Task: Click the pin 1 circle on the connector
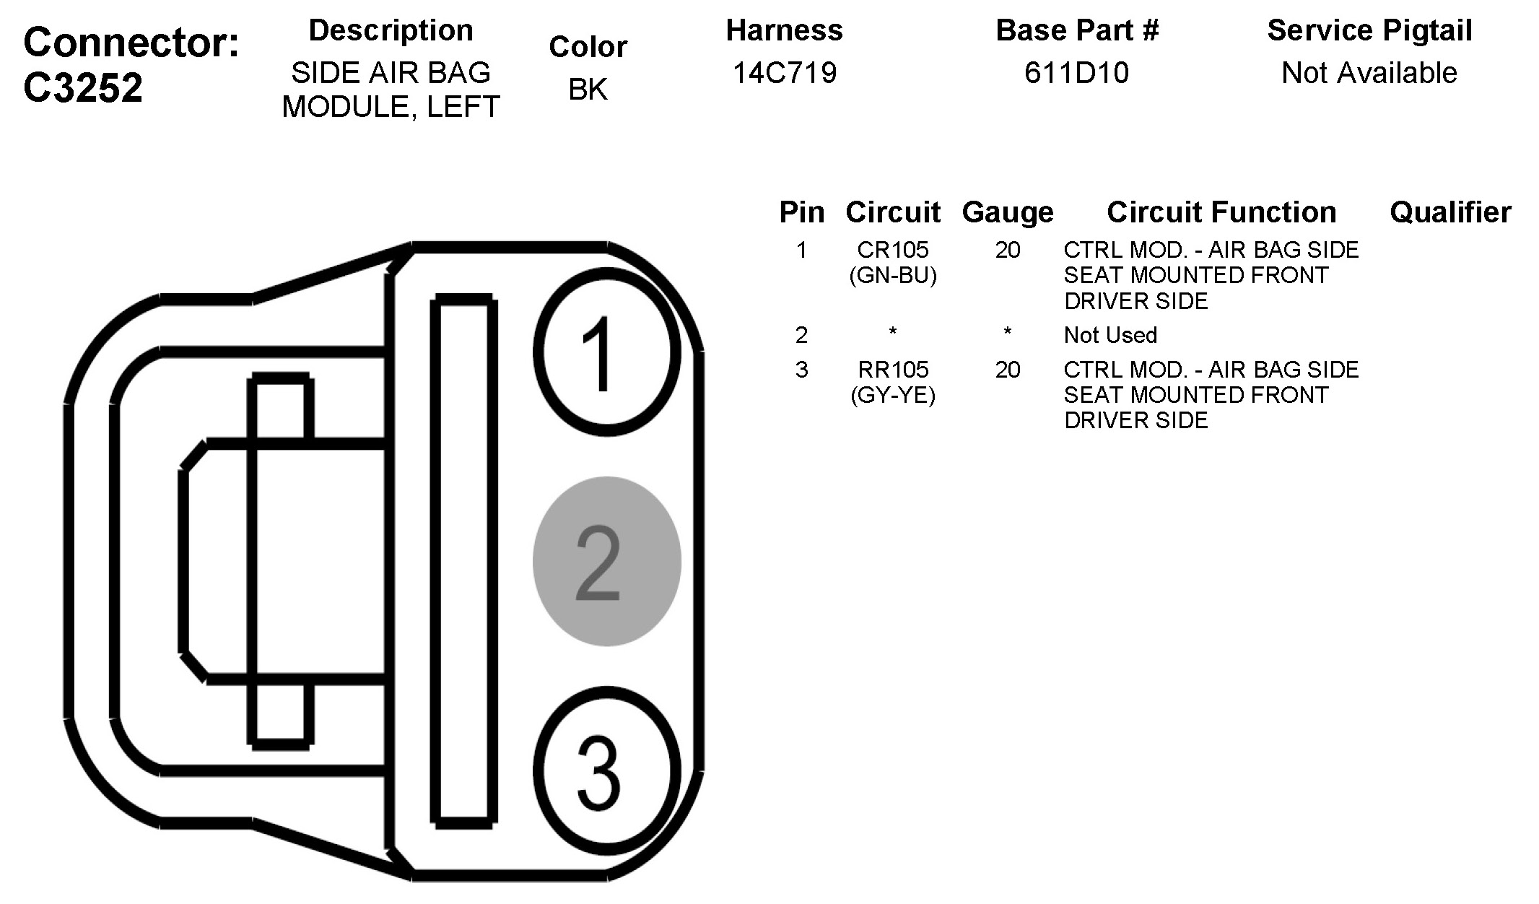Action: (607, 352)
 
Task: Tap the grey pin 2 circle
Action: (607, 561)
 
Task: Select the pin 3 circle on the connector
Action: (607, 770)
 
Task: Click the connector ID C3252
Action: (83, 88)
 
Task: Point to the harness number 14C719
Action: (785, 72)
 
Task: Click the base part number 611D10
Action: (1076, 72)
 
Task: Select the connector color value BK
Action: (588, 90)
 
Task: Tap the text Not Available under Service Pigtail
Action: (1369, 72)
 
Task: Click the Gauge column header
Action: (1008, 212)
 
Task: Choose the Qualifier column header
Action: (1450, 212)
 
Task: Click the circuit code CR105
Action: (893, 250)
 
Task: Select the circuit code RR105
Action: (893, 370)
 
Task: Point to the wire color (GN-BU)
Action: (893, 275)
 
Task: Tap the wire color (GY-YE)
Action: (893, 395)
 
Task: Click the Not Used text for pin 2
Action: (1110, 335)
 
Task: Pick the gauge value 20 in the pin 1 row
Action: (1008, 250)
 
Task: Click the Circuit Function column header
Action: (1221, 212)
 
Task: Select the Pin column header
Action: (801, 212)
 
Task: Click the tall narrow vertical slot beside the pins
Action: (463, 561)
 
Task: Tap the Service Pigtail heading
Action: (1369, 30)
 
